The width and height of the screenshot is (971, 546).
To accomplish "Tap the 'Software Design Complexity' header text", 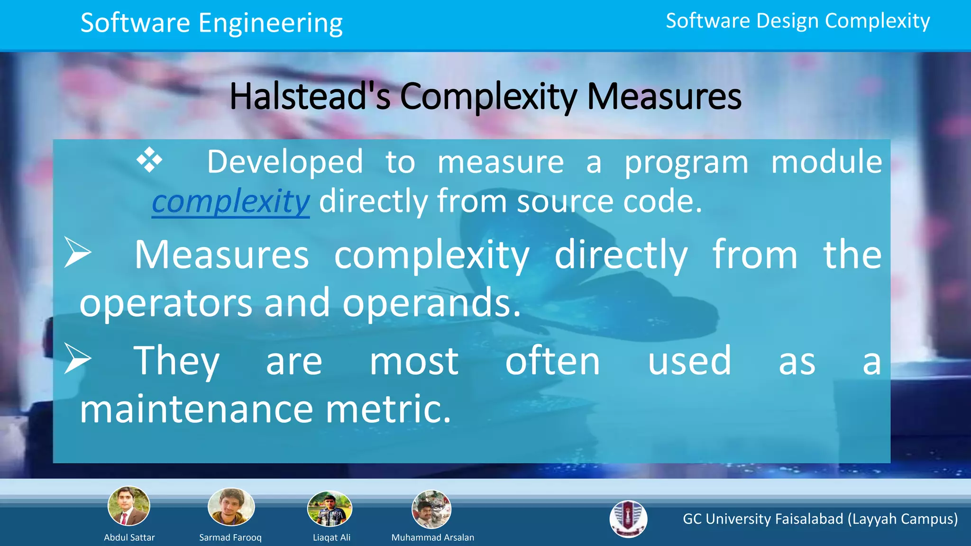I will point(797,21).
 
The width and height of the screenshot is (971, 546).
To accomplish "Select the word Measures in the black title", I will point(664,96).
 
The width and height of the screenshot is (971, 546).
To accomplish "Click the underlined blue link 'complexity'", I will point(230,201).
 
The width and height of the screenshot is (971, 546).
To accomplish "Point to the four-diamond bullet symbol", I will point(149,160).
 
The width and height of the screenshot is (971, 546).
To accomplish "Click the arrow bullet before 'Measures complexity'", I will point(77,253).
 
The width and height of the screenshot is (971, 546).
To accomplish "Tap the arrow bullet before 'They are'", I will point(77,359).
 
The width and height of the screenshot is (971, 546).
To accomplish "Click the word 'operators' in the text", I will point(165,303).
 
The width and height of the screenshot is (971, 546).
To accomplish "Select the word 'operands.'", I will point(431,303).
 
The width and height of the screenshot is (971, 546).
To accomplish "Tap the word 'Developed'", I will point(285,162).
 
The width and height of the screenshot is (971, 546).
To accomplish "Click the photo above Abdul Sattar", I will point(128,506).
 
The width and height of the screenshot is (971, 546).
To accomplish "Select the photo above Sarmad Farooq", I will point(231,507).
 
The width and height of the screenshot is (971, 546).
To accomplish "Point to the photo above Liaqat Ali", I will point(330,509).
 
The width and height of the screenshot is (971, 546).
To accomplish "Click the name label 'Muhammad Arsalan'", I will point(432,537).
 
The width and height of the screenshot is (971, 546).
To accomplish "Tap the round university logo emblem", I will point(628,519).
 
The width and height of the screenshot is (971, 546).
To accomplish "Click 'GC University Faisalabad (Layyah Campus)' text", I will point(820,519).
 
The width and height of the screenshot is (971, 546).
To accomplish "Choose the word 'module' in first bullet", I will point(826,162).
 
